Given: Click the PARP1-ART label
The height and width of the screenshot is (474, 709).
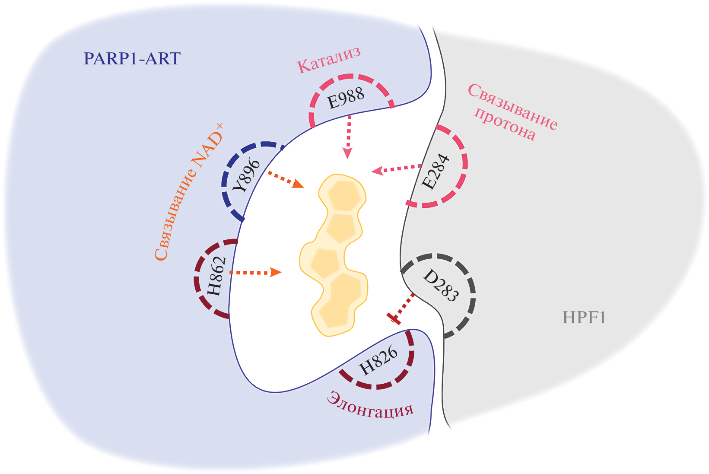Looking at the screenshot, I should point(132,58).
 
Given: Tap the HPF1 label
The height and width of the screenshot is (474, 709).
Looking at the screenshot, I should point(584,318).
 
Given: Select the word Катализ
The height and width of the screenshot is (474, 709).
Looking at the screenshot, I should point(328,60).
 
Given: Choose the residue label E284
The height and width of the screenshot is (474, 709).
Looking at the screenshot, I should point(436,172).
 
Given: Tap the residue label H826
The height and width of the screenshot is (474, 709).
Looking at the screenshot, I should point(378,361).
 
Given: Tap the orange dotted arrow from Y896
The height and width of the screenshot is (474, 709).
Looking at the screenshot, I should point(285,179).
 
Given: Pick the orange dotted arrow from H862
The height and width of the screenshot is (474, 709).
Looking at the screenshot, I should point(255,273).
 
